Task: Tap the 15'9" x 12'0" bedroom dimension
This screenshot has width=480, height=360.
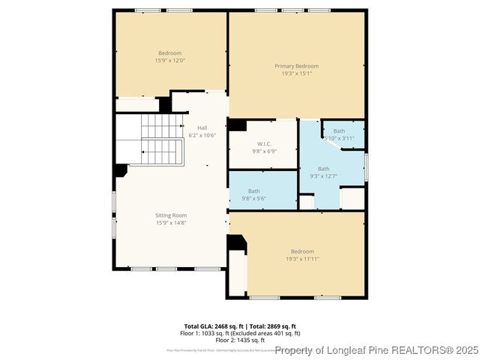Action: (x=169, y=60)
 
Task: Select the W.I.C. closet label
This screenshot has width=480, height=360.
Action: (x=264, y=143)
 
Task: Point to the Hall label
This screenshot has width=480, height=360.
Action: (x=202, y=127)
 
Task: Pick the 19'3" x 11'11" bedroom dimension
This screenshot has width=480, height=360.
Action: (x=302, y=259)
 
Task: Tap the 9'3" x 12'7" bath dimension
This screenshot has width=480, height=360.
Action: (x=323, y=175)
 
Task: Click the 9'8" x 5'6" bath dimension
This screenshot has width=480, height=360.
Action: (x=254, y=198)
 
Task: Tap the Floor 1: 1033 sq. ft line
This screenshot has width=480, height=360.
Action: (x=240, y=333)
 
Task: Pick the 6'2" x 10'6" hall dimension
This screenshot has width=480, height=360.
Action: (x=202, y=135)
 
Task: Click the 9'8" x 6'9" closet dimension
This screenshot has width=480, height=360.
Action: (x=264, y=151)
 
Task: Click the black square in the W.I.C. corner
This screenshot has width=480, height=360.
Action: (x=236, y=125)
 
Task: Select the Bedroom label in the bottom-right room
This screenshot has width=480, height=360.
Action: (x=302, y=251)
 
